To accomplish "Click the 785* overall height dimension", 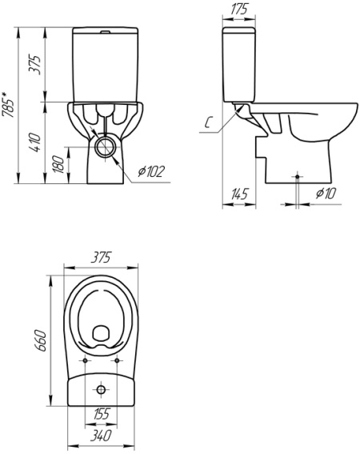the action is coord(8,105).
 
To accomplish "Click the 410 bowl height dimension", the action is coord(35,143).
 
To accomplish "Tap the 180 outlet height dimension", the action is coord(58,164).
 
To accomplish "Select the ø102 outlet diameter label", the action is coord(151,171).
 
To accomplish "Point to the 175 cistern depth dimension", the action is coord(239,10).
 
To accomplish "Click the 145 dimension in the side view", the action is coord(239,194).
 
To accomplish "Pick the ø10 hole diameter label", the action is coord(326,193).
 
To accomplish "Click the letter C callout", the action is coord(208,123).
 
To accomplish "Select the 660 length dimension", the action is coord(42,340).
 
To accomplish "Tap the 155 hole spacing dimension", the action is coord(101,414).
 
